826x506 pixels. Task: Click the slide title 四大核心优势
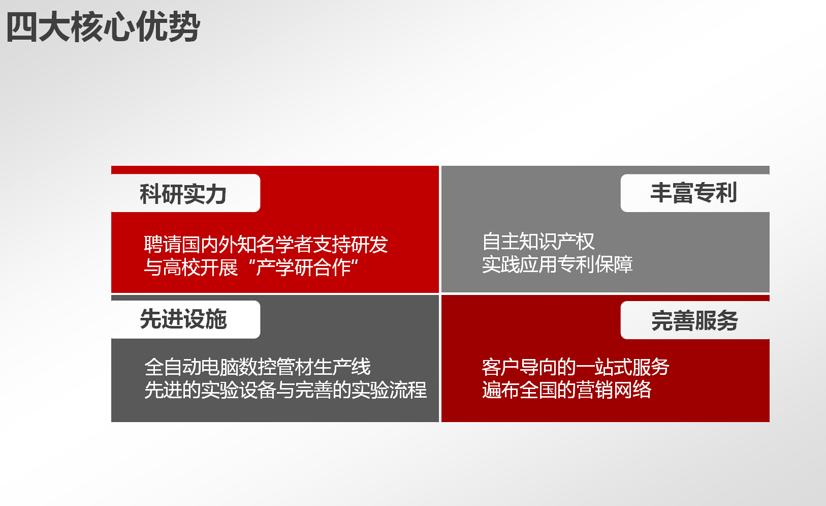(103, 26)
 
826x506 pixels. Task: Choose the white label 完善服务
(695, 320)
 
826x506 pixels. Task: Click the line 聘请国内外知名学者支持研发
(266, 244)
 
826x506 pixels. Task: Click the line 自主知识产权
(538, 242)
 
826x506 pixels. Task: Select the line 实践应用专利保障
(557, 264)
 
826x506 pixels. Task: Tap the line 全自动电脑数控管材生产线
(258, 367)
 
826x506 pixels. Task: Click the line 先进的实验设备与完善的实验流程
(285, 390)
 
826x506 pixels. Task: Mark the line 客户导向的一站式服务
(576, 367)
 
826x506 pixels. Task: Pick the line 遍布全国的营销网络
(567, 390)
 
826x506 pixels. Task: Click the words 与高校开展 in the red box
(190, 267)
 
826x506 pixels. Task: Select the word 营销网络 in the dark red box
(614, 390)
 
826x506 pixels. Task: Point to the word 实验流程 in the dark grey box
(390, 390)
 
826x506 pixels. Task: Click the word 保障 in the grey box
(614, 264)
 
